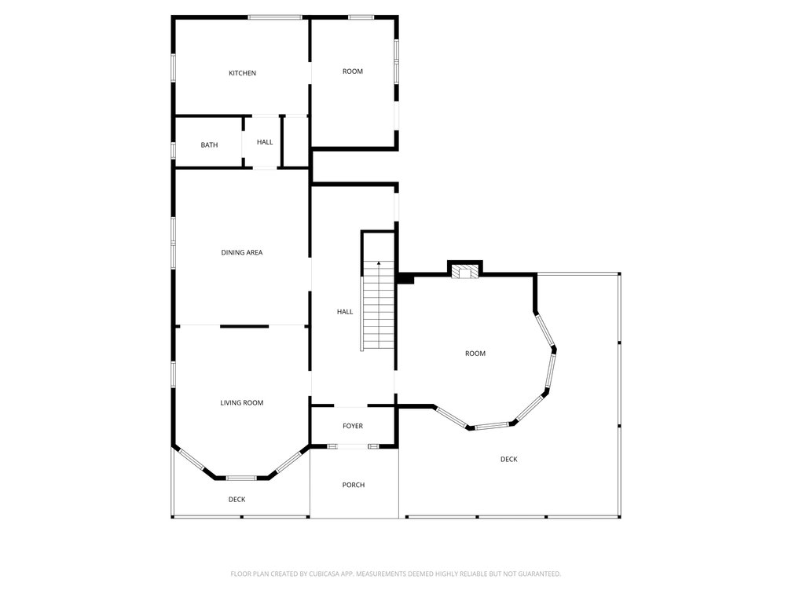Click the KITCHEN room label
coord(243,73)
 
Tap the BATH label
coord(209,145)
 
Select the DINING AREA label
coord(242,252)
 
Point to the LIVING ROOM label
coord(242,402)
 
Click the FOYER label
coord(353,426)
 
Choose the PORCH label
coord(354,485)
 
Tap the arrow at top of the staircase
coord(379,263)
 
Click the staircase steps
coord(377,313)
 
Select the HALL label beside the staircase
coord(345,312)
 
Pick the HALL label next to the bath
coord(265,142)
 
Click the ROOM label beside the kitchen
coord(353,71)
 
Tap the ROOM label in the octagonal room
coord(475,354)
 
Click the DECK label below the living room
coord(237,500)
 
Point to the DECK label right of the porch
coord(509,459)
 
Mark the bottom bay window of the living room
coord(241,478)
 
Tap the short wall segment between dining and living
coord(244,326)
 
